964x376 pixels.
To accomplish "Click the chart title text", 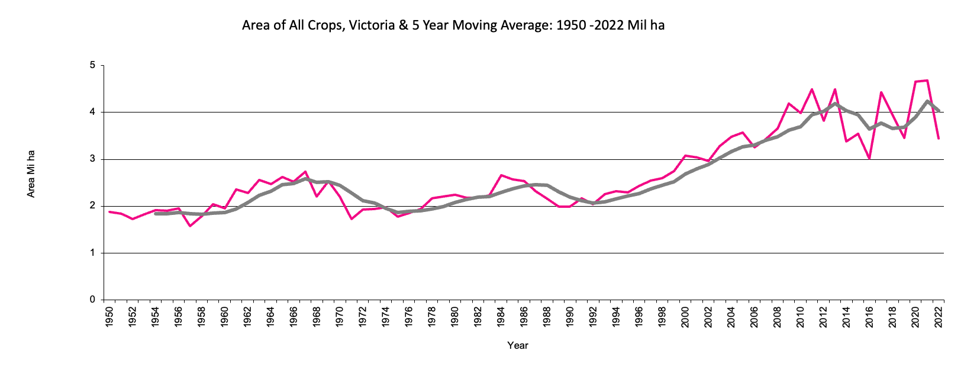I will click(x=453, y=25).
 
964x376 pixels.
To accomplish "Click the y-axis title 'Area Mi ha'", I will click(x=31, y=173).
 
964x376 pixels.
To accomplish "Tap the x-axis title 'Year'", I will click(x=517, y=345).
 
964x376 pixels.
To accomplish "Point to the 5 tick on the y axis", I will click(x=92, y=65).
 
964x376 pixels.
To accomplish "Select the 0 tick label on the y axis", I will click(x=92, y=300).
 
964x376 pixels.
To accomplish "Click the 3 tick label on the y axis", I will click(x=92, y=159).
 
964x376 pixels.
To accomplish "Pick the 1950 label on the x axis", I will click(x=109, y=317).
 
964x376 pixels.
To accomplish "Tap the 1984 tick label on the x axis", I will click(x=501, y=317).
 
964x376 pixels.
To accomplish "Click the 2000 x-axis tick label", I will click(x=686, y=317).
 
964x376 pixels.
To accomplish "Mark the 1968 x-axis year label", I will click(x=317, y=317).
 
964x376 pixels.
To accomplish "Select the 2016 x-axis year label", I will click(x=870, y=317).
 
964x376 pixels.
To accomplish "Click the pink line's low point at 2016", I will click(x=869, y=159).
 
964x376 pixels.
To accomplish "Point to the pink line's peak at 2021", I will click(x=927, y=81).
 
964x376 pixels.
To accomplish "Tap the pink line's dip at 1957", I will click(x=190, y=226).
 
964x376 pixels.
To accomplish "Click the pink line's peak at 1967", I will click(x=305, y=172).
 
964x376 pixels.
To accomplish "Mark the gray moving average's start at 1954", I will click(x=156, y=214).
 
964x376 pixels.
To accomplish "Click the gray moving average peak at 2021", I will click(x=927, y=101).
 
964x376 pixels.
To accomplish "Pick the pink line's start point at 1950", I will click(x=109, y=211).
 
